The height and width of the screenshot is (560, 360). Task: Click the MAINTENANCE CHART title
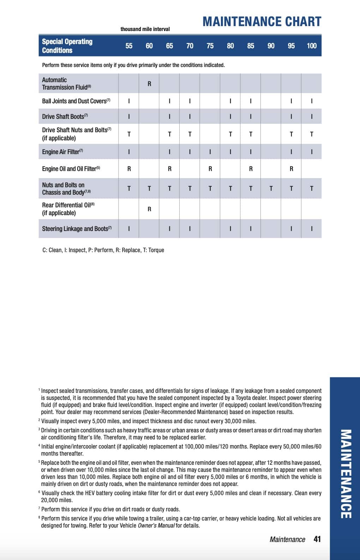[262, 22]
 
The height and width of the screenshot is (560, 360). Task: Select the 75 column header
[210, 46]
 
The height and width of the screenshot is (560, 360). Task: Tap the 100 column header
[311, 46]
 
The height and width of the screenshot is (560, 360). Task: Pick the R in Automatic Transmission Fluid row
[149, 84]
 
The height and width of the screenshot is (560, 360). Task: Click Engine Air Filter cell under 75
[210, 152]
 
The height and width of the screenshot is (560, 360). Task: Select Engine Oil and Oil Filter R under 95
[291, 169]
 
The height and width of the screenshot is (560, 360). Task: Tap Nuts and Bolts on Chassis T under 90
[271, 189]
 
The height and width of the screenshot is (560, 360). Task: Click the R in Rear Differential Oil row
[149, 209]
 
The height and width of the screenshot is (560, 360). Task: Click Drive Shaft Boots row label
[65, 116]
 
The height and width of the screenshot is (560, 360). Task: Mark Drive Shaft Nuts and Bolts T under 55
[129, 134]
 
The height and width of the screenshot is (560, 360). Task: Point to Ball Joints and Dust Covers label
[76, 101]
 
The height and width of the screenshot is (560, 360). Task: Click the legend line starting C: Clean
[103, 250]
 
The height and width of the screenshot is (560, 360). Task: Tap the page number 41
[317, 539]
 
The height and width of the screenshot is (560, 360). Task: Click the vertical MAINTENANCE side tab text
[346, 474]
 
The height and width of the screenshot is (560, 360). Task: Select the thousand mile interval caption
[145, 29]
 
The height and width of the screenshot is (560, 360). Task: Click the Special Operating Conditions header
[67, 46]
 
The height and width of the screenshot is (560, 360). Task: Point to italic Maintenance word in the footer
[287, 540]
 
